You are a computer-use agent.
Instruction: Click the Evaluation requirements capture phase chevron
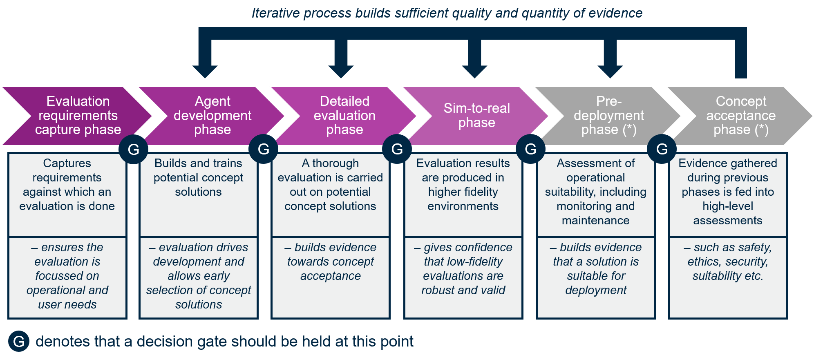[x=78, y=116]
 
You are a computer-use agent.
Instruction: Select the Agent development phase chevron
[x=212, y=116]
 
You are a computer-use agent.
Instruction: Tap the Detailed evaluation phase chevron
[x=344, y=116]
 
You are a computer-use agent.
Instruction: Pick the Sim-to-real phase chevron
[x=476, y=116]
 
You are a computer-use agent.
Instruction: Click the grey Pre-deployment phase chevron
[x=608, y=116]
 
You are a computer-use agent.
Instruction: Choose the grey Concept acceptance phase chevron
[x=740, y=116]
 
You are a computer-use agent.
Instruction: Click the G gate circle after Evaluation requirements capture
[x=133, y=149]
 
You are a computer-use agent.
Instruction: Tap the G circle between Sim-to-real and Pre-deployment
[x=530, y=149]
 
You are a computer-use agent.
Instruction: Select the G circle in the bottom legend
[x=19, y=341]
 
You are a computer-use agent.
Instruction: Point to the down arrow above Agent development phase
[x=205, y=61]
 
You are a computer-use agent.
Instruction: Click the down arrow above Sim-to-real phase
[x=474, y=61]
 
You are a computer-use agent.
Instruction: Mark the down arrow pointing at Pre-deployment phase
[x=610, y=61]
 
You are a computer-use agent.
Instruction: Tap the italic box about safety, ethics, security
[x=728, y=277]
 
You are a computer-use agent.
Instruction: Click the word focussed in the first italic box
[x=67, y=276]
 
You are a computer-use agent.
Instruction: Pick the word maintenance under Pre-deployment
[x=595, y=221]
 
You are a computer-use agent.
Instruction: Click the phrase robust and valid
[x=463, y=290]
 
